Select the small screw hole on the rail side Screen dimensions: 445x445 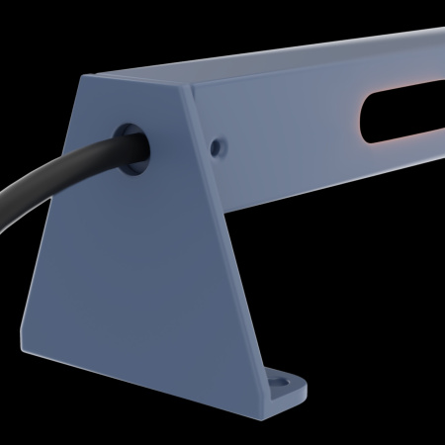point(217,146)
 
